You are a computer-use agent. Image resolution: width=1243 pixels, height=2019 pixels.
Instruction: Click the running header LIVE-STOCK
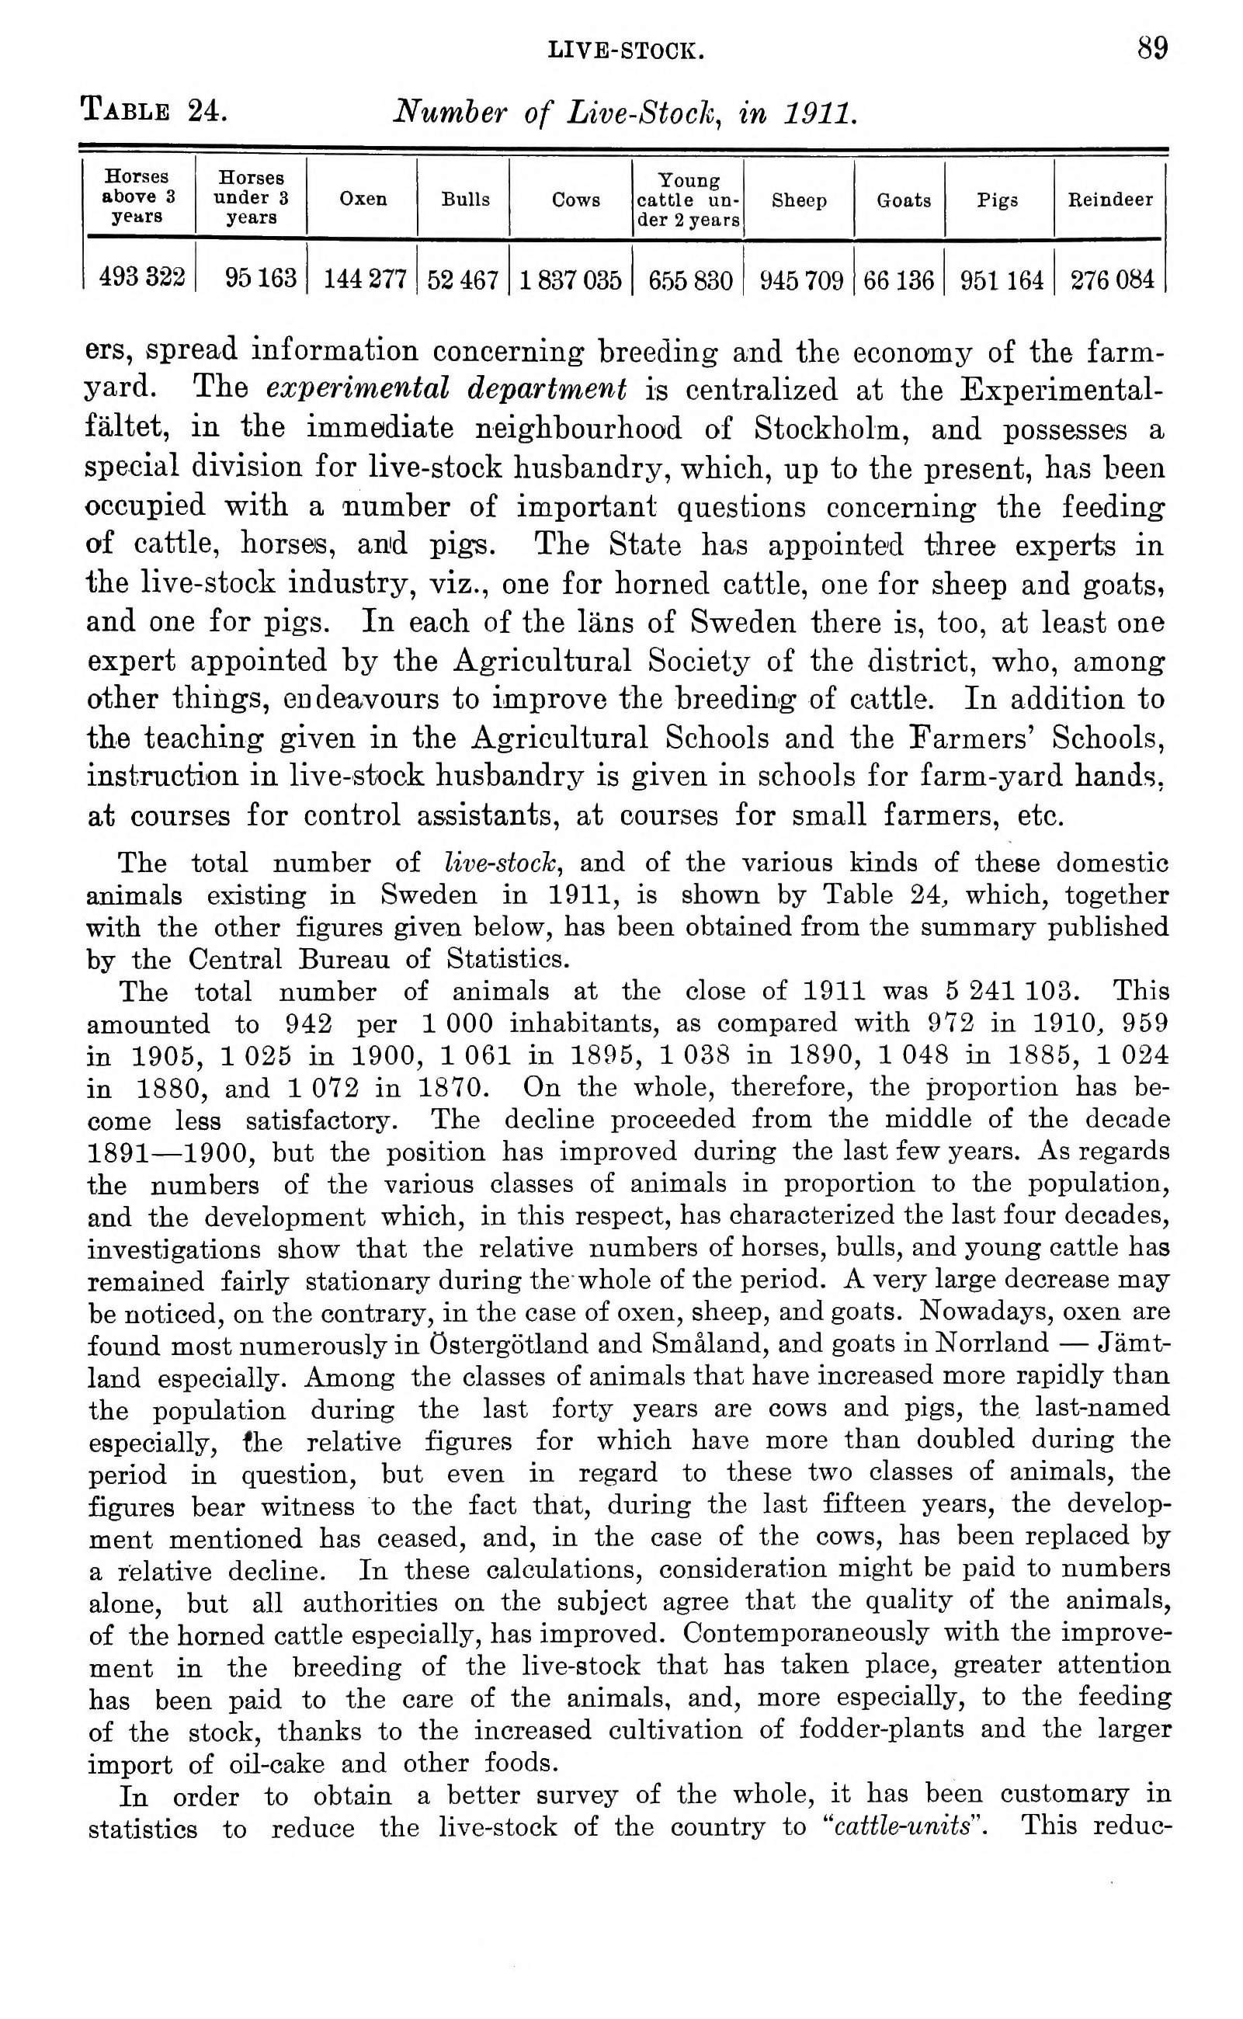pyautogui.click(x=626, y=53)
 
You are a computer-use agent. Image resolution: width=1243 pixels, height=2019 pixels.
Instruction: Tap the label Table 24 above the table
pyautogui.click(x=154, y=109)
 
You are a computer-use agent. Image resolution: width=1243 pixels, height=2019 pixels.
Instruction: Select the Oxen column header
pyautogui.click(x=363, y=199)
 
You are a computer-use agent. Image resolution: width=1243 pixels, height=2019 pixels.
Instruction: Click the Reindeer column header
pyautogui.click(x=1109, y=199)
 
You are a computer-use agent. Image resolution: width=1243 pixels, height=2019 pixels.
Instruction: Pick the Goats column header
pyautogui.click(x=903, y=200)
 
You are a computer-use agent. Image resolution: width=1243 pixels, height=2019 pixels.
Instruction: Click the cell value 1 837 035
pyautogui.click(x=570, y=280)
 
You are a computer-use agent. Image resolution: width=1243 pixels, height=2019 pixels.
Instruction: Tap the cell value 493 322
pyautogui.click(x=141, y=278)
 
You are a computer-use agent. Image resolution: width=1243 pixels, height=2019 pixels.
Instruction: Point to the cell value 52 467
pyautogui.click(x=463, y=280)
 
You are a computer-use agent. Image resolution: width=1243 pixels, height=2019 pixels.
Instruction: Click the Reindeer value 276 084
pyautogui.click(x=1112, y=280)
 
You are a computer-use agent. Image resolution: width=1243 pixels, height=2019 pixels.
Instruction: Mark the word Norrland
pyautogui.click(x=992, y=1344)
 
